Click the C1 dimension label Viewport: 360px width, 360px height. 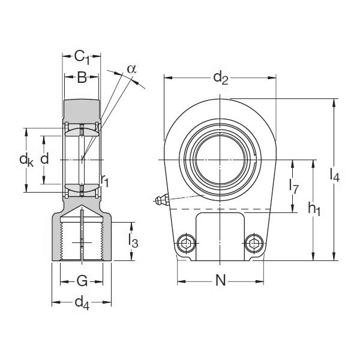(x=82, y=58)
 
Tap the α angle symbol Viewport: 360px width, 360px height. (x=131, y=68)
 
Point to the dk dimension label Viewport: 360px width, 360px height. (x=26, y=160)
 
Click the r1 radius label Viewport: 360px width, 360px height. (x=105, y=181)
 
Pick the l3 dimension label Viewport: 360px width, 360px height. (x=134, y=241)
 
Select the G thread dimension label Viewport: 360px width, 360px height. (x=82, y=280)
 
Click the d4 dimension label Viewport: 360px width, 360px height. (x=82, y=304)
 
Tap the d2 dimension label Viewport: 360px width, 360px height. (x=221, y=77)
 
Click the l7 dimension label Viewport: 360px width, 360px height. (x=293, y=186)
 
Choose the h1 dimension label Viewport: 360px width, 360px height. (x=314, y=208)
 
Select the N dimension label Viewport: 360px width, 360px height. (x=220, y=281)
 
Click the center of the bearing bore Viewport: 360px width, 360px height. (x=220, y=160)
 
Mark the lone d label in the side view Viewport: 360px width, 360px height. (x=43, y=159)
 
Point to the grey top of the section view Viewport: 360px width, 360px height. (x=82, y=109)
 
